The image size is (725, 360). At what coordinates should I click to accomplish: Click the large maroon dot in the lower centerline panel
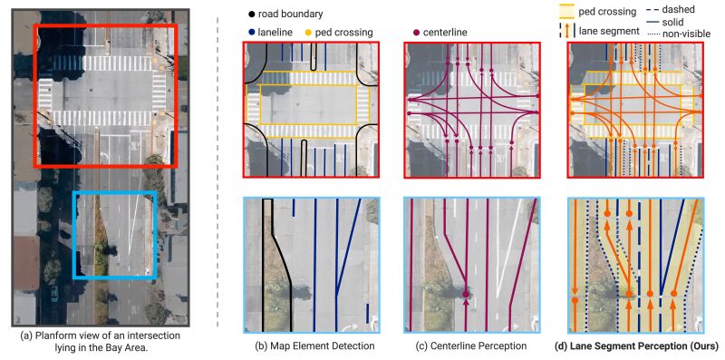(x=465, y=295)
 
